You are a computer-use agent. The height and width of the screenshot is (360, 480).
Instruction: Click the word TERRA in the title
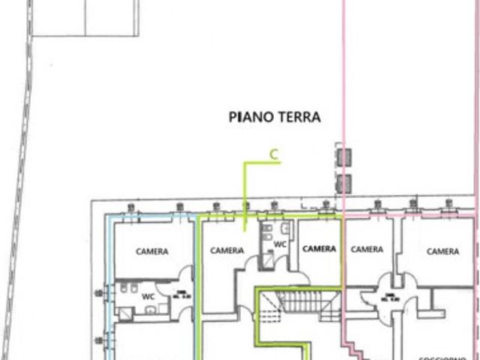299,117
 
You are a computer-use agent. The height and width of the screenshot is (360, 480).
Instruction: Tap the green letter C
274,155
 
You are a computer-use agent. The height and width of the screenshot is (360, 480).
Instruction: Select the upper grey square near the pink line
344,157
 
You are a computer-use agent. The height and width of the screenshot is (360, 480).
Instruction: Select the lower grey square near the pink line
344,183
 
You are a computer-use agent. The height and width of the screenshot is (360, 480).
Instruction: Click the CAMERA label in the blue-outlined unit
151,252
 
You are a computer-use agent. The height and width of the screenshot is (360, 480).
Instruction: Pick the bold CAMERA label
319,249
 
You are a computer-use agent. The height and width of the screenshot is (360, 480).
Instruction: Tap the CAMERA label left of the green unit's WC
227,250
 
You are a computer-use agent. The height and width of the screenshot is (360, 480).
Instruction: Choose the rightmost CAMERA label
442,251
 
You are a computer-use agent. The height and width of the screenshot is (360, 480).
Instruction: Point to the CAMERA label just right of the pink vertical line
367,250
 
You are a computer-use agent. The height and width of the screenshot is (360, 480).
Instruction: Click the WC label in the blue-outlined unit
148,295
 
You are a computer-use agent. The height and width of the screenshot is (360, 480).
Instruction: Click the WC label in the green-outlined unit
279,244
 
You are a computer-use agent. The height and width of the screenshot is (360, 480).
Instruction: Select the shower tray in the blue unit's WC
126,313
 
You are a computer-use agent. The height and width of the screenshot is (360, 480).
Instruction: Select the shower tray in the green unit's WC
267,260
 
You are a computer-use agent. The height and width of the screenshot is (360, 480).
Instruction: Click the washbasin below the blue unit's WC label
151,308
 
